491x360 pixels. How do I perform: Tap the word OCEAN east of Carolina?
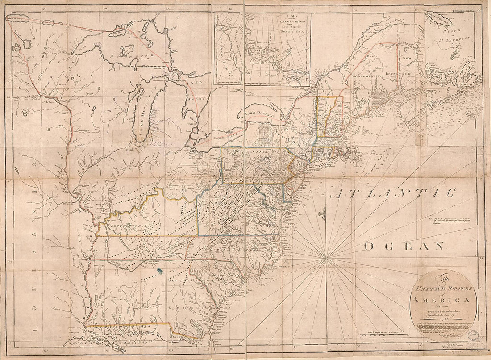[x=404, y=246]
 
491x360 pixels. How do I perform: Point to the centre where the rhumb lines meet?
[x=327, y=258]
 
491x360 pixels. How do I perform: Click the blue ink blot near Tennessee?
[x=160, y=270]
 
